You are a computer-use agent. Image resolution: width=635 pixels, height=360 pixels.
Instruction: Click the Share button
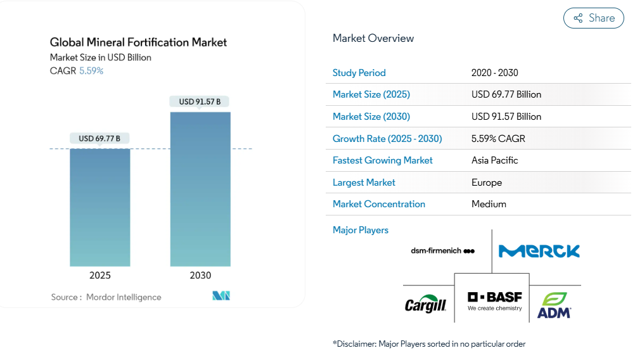pyautogui.click(x=594, y=18)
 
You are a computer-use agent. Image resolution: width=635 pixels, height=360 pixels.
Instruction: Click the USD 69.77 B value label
pyautogui.click(x=99, y=138)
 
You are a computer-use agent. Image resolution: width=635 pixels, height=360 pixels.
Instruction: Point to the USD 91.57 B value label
pyautogui.click(x=200, y=101)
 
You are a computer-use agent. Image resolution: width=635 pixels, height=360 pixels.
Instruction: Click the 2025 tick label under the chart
pyautogui.click(x=100, y=276)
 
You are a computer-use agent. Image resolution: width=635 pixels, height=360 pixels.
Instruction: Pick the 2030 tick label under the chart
pyautogui.click(x=200, y=276)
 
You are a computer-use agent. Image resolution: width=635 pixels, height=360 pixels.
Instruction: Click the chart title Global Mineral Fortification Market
pyautogui.click(x=138, y=42)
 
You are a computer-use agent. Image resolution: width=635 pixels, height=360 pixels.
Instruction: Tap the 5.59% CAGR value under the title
pyautogui.click(x=91, y=71)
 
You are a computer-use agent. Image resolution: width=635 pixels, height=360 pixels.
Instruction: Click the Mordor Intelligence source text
pyautogui.click(x=124, y=297)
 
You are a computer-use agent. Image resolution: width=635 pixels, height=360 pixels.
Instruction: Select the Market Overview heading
pyautogui.click(x=373, y=38)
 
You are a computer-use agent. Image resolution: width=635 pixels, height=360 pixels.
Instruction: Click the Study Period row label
pyautogui.click(x=359, y=73)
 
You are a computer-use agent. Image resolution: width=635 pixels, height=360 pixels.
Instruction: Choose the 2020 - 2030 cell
pyautogui.click(x=495, y=73)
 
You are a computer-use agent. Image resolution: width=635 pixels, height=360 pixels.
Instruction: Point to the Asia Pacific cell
pyautogui.click(x=495, y=160)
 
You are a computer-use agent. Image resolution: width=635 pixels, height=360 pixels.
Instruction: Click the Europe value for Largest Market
pyautogui.click(x=487, y=183)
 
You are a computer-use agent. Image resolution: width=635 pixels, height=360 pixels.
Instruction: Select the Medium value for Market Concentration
pyautogui.click(x=489, y=204)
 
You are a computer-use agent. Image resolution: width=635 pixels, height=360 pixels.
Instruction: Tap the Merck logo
pyautogui.click(x=539, y=251)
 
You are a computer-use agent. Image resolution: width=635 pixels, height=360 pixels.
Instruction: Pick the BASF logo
pyautogui.click(x=495, y=300)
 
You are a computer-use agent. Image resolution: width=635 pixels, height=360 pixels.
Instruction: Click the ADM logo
pyautogui.click(x=554, y=305)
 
